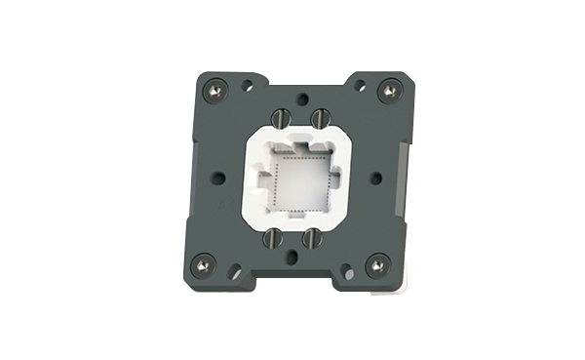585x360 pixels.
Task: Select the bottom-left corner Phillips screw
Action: (203, 261)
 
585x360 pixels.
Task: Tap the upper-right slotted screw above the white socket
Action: (317, 118)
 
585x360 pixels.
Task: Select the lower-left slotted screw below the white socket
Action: (276, 236)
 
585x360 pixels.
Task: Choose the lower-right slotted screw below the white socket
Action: (312, 236)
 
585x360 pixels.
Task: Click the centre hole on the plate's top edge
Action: (301, 99)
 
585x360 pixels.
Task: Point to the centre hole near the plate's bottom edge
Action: (292, 258)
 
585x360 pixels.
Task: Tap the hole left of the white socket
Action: (218, 178)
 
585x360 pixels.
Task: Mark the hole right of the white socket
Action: (376, 178)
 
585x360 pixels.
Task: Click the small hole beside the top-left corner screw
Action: (248, 86)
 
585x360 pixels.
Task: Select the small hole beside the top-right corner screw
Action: (360, 86)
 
